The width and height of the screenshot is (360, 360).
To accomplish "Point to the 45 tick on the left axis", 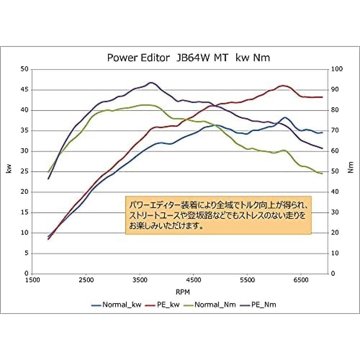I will pos(24,90).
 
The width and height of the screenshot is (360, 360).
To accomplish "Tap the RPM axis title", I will pos(183,291).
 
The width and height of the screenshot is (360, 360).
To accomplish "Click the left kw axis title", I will pos(9,169).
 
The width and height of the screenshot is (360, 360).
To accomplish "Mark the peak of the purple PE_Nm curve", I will pos(151,82).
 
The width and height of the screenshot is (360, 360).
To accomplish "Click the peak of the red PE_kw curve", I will pos(283,85).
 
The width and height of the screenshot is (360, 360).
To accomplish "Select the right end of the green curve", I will pos(322,174).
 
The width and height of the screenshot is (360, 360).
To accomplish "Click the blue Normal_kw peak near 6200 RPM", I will pos(285,117).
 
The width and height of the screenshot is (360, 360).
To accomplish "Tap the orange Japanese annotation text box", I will pos(218,215).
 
